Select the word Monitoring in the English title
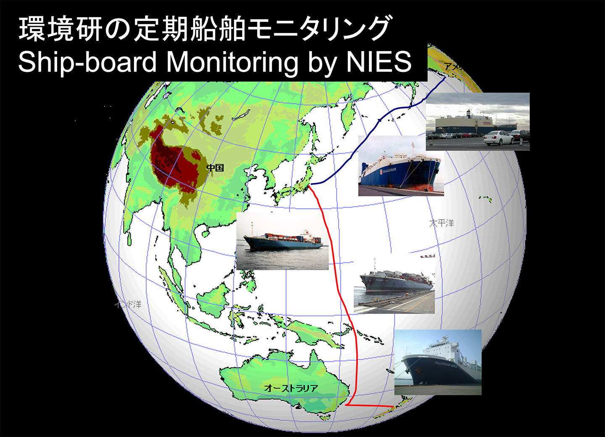pos(233,62)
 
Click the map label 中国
pos(216,168)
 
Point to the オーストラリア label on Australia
pos(291,388)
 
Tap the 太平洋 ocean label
pos(442,223)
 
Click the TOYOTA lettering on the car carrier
pos(487,123)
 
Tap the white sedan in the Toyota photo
pos(499,137)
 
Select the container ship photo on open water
pos(282,241)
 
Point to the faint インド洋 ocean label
pos(128,304)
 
